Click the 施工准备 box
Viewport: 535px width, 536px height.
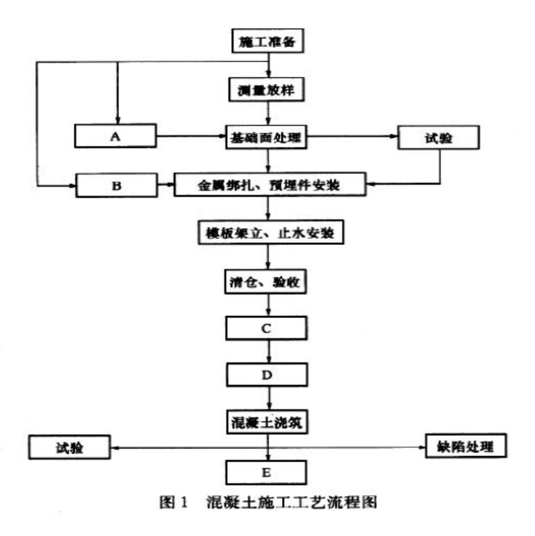coord(269,42)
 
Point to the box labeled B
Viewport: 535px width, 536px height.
coord(116,183)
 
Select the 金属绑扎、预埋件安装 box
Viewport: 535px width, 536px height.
coord(270,183)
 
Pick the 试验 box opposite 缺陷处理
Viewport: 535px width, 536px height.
coord(70,447)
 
